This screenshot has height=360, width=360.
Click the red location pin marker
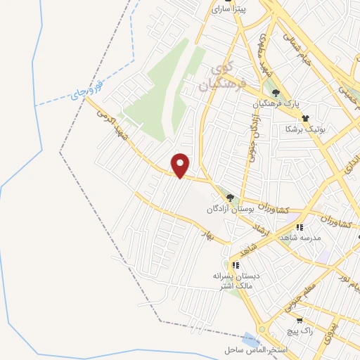point(181,165)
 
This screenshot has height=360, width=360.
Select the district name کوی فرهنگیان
point(226,77)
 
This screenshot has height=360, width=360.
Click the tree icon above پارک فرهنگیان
point(276,94)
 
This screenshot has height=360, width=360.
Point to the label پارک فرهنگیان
point(276,105)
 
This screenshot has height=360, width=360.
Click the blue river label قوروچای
point(87,92)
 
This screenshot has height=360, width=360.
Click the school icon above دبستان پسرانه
point(236,265)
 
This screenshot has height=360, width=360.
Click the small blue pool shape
point(250,340)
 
